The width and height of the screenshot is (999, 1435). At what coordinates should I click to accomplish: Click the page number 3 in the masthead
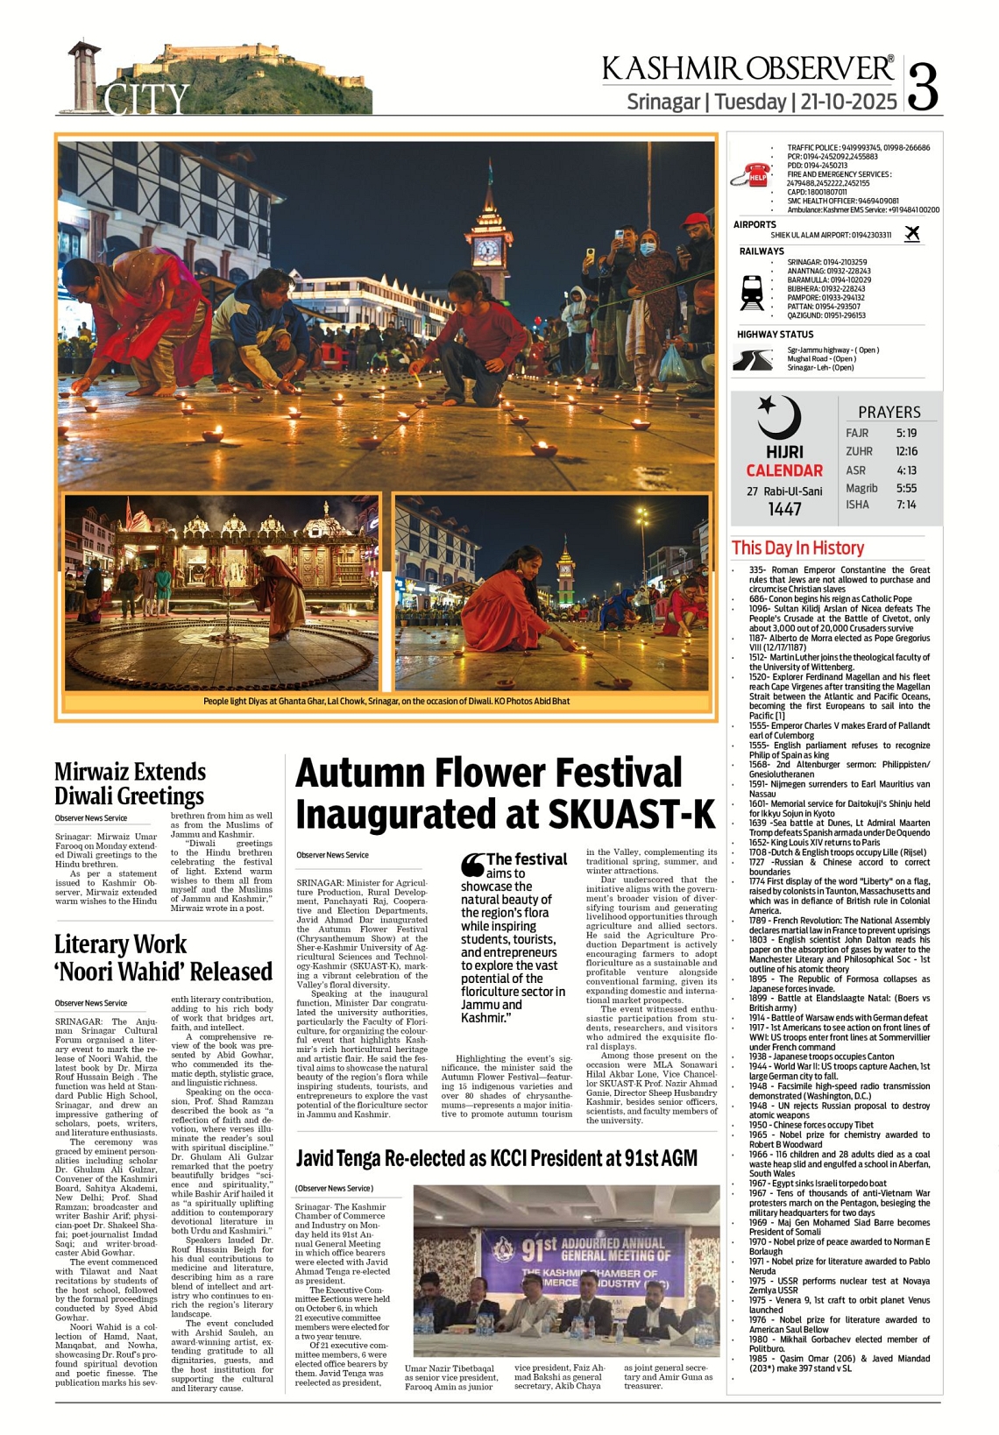[925, 86]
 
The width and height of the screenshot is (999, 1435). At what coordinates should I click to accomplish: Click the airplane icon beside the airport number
[912, 234]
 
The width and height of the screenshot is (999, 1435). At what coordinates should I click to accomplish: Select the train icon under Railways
[752, 293]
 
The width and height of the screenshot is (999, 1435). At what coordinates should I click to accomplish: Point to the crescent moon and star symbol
[778, 417]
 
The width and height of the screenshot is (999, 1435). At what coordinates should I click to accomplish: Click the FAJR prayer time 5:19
[906, 433]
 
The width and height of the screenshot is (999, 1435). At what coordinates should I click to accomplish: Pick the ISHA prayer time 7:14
[906, 505]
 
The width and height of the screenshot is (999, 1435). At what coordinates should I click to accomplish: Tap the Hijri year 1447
[784, 509]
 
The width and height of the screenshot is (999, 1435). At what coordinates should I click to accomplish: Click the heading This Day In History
[797, 548]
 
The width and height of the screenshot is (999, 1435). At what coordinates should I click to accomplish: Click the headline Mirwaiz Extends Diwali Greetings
[130, 783]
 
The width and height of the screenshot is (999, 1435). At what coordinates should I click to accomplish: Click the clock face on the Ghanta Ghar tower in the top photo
[485, 251]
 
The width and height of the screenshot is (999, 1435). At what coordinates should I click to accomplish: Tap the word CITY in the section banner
[147, 100]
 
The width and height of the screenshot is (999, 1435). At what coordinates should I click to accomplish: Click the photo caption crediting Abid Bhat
[386, 701]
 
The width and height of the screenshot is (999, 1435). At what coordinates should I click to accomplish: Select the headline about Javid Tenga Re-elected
[496, 1158]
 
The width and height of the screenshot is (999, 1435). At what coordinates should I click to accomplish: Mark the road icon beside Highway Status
[752, 359]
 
